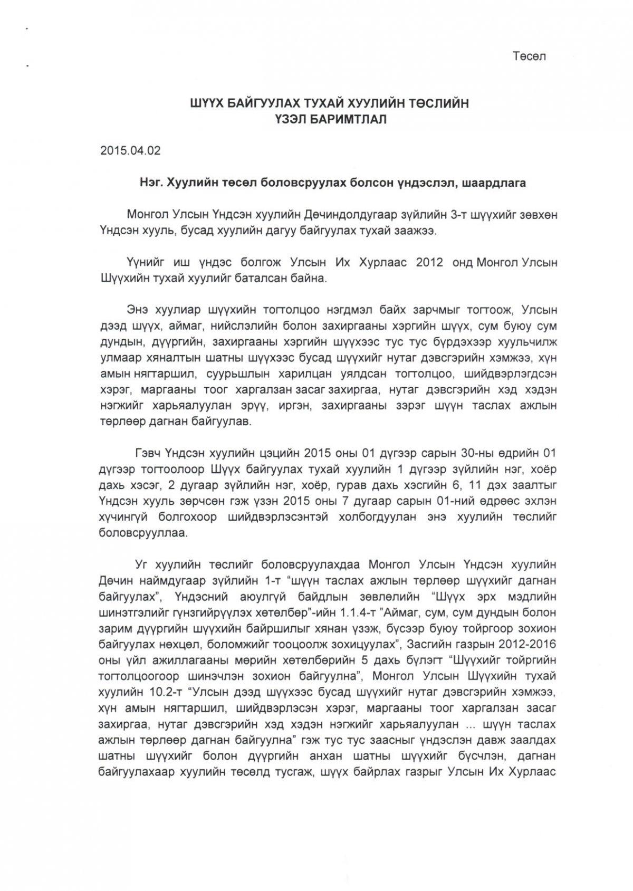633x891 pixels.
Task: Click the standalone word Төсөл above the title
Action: coord(529,56)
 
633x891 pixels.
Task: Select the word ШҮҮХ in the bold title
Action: coord(208,104)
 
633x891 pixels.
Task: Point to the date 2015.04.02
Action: coord(130,150)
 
